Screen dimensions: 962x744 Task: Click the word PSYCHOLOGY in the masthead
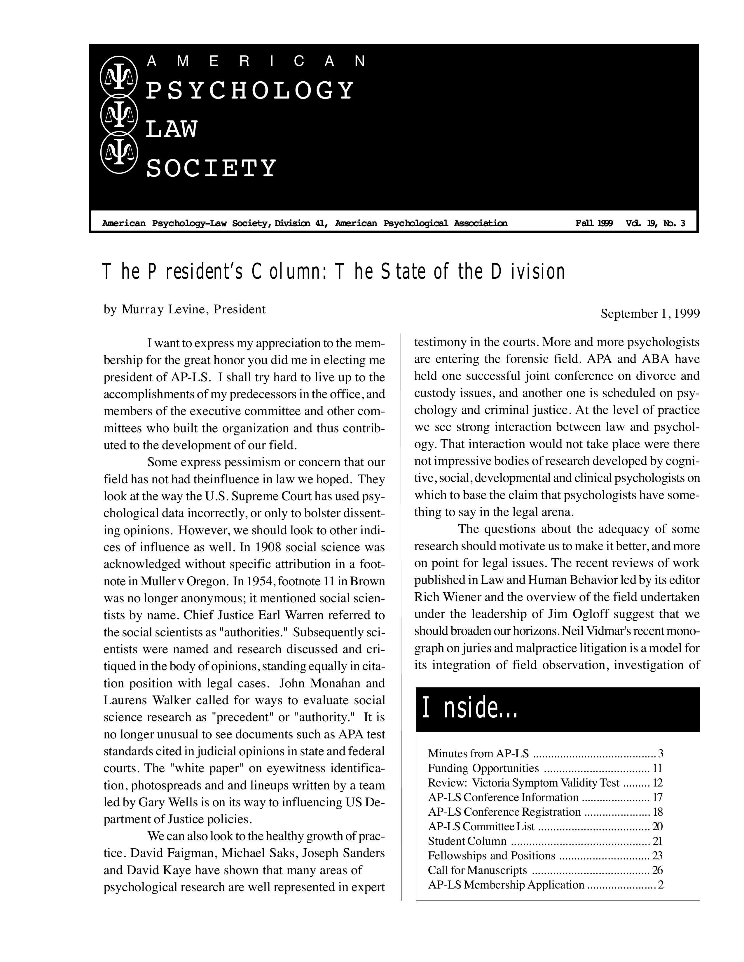pos(249,90)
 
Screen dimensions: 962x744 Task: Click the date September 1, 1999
pos(650,314)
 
